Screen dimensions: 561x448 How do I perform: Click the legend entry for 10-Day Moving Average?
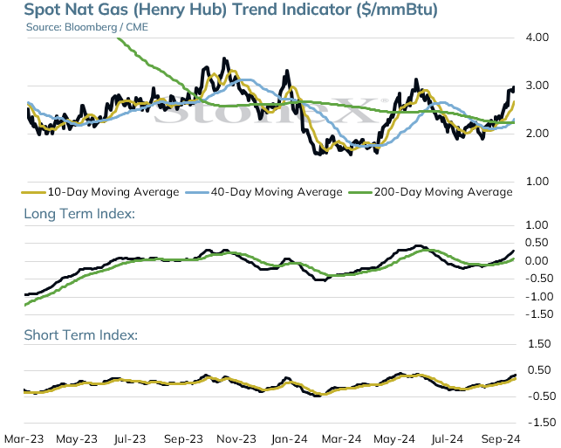coord(100,192)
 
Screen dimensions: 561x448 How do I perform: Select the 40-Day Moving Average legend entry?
coord(263,192)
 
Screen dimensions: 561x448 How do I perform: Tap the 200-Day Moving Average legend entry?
coord(430,192)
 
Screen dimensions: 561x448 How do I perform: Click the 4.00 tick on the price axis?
coord(537,38)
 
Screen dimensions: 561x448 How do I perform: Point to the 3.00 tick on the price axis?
coord(537,86)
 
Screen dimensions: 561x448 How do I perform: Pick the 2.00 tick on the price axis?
coord(537,134)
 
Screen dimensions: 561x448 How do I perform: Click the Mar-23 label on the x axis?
coord(24,438)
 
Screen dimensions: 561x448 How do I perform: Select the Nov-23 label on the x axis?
coord(236,438)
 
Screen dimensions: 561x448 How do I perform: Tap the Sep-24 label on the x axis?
coord(501,438)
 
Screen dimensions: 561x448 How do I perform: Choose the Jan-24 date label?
coord(289,438)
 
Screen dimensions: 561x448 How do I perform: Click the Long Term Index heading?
coord(79,213)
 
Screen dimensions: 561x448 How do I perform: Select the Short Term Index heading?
coord(81,334)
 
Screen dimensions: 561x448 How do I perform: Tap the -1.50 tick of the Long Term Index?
coord(539,314)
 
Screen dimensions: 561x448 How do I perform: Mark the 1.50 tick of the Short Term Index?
coord(539,344)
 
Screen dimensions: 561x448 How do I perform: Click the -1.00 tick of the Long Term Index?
coord(539,296)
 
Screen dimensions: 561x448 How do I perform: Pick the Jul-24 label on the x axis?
coord(448,438)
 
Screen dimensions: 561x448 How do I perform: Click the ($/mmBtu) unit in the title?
coord(397,10)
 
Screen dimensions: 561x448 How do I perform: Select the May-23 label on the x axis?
coord(77,438)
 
